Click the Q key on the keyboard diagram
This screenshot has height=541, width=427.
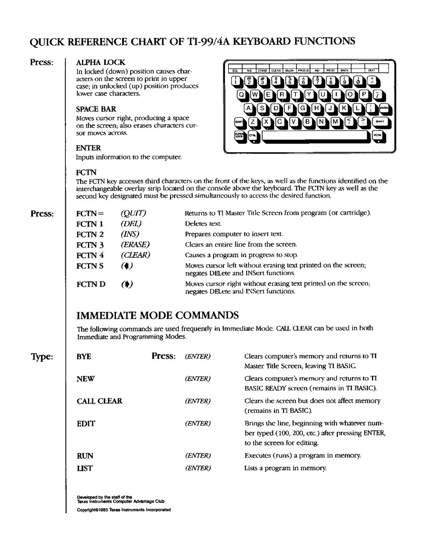pos(242,94)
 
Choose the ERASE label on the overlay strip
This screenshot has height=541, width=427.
pos(262,70)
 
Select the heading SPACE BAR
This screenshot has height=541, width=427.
pos(96,109)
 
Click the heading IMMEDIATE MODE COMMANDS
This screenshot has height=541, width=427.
pos(157,316)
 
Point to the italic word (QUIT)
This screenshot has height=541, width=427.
pos(133,213)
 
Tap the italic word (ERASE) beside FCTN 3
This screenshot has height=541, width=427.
pos(135,245)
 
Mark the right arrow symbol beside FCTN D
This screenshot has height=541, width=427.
pos(127,285)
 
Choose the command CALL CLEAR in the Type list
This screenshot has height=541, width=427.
pos(99,401)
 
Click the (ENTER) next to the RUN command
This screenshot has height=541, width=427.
pos(198,456)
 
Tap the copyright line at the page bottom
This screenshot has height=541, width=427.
pos(123,510)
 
